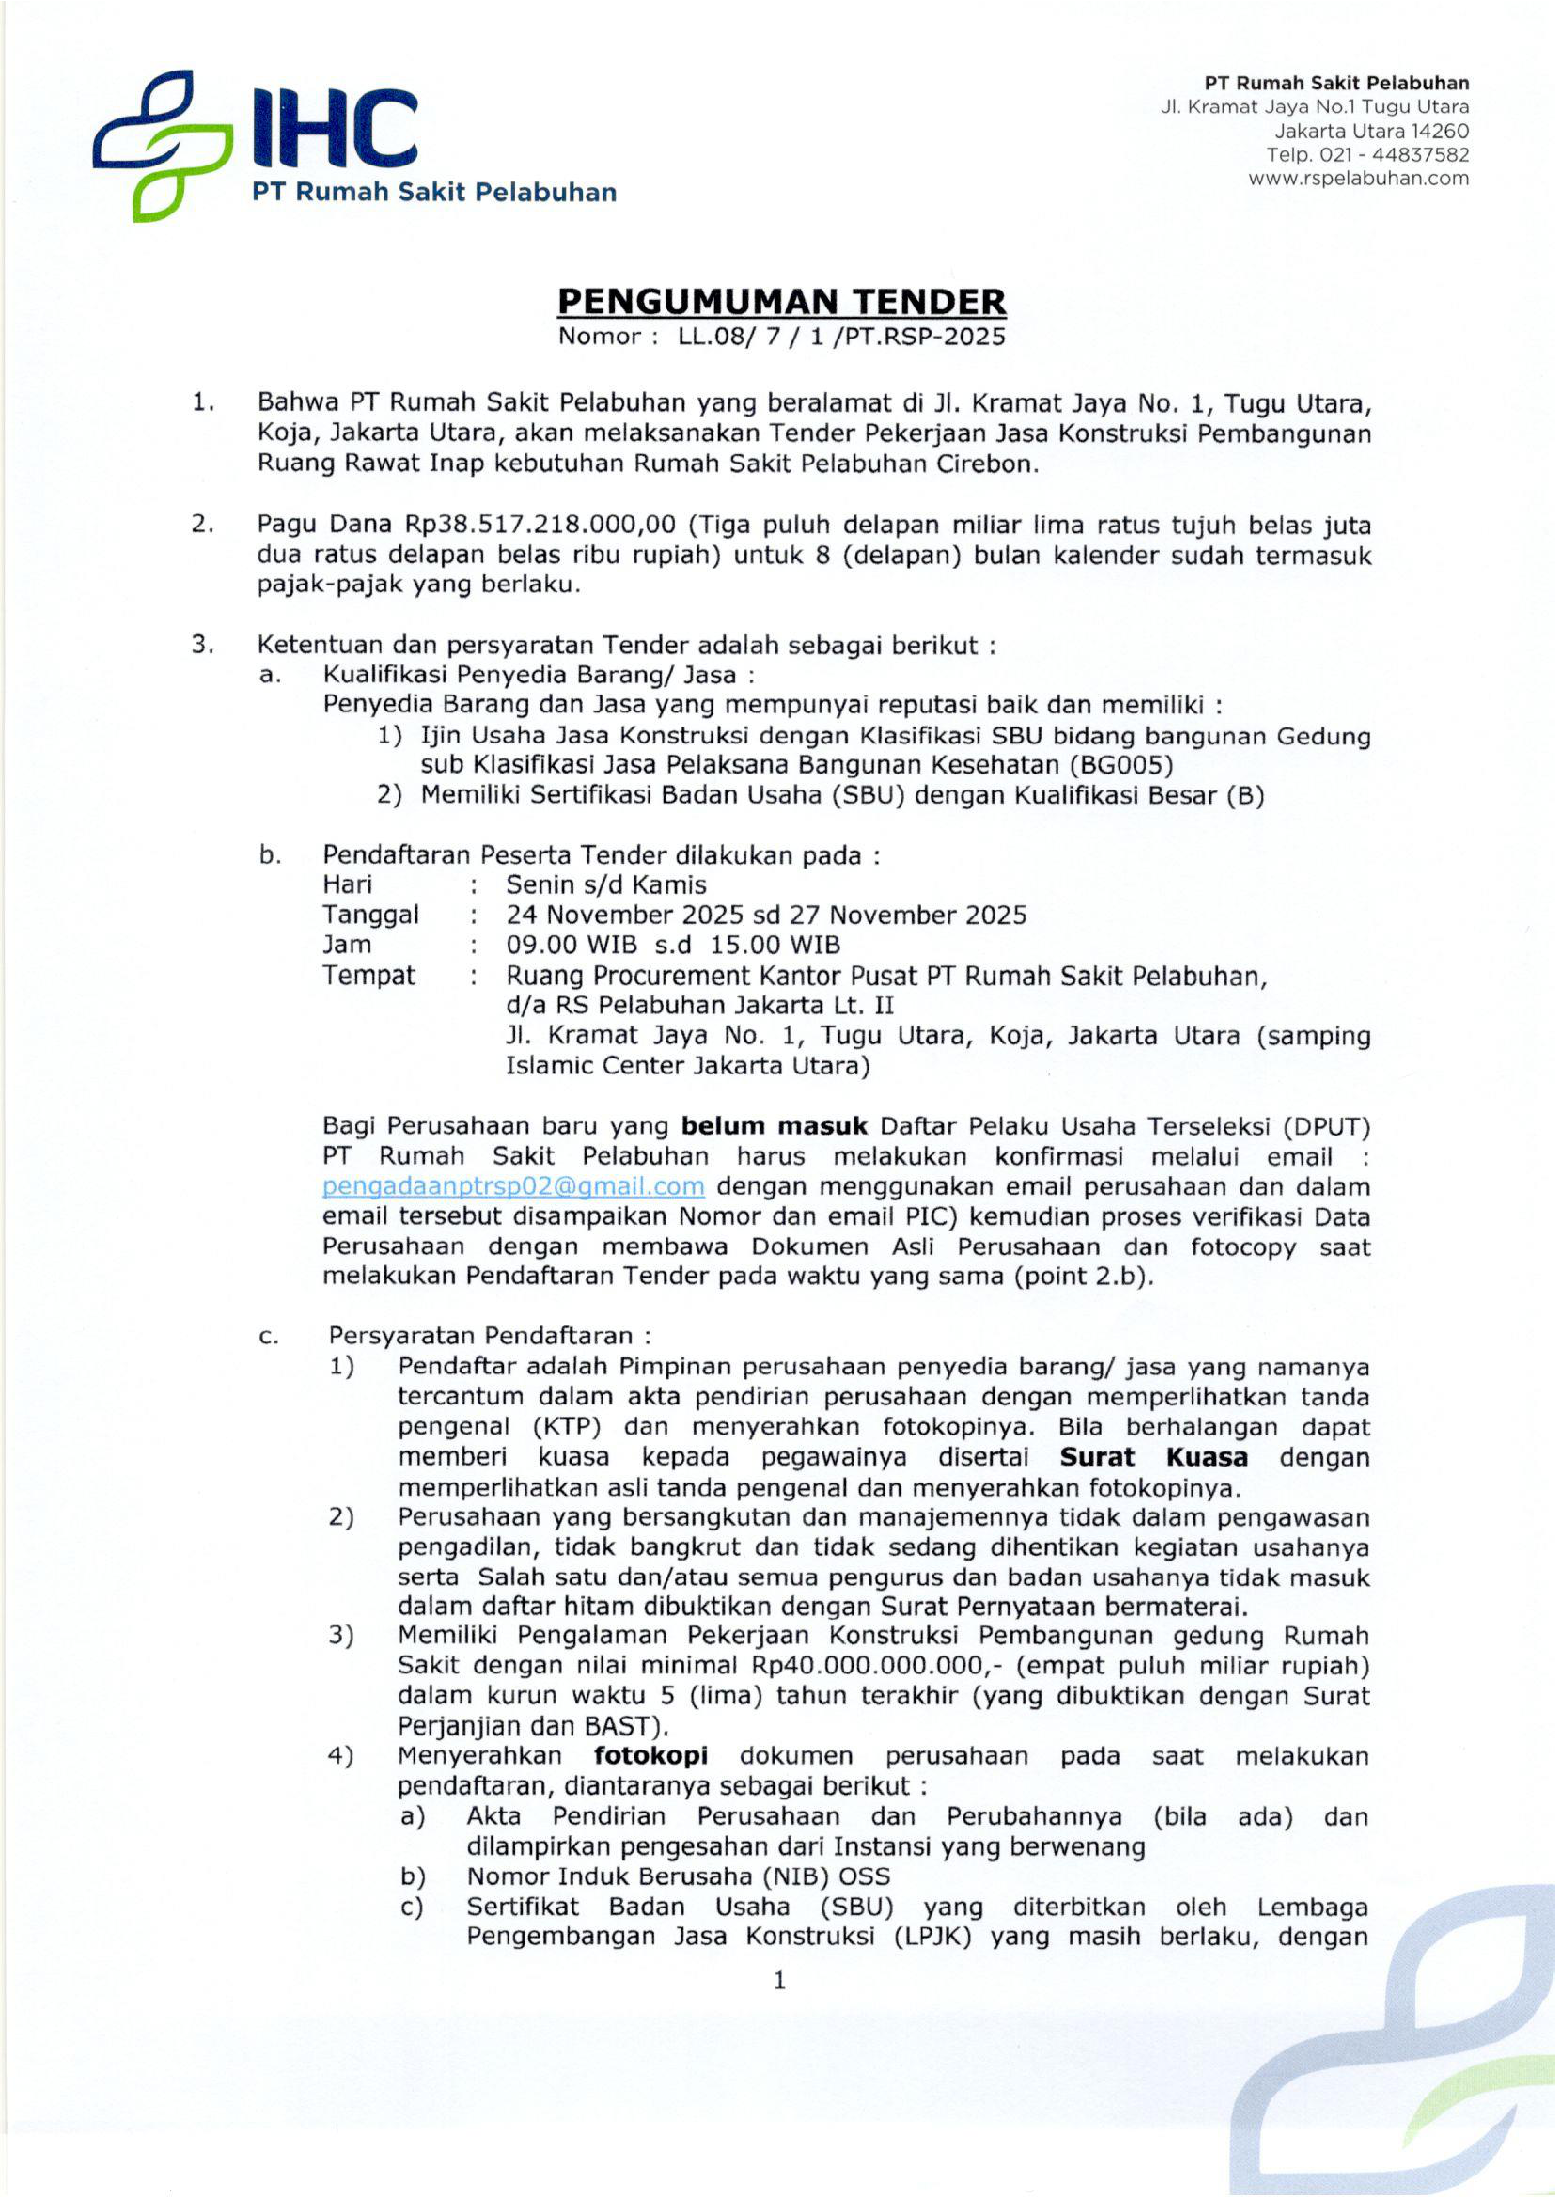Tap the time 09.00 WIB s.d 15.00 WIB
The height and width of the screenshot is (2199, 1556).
pos(673,945)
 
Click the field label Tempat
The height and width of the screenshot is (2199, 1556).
pos(369,975)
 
